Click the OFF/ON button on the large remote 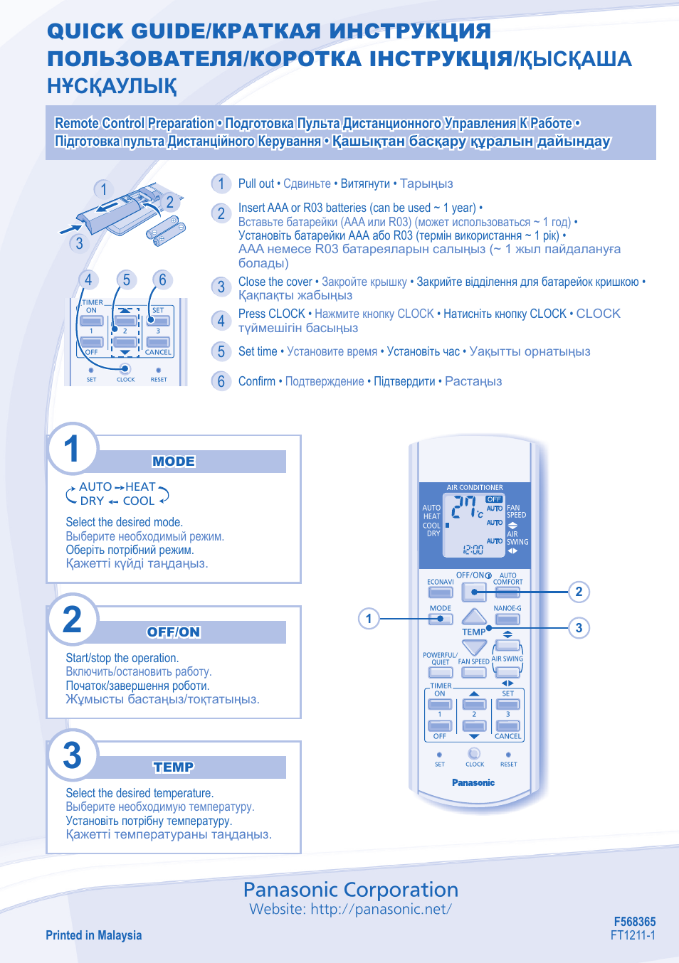click(x=474, y=591)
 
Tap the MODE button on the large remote click(x=441, y=619)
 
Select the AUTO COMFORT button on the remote click(x=507, y=592)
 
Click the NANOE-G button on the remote click(x=507, y=619)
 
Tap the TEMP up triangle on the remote click(x=474, y=616)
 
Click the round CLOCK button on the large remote click(x=474, y=753)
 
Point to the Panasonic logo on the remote click(x=473, y=782)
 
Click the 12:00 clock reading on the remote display click(x=473, y=549)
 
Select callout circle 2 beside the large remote click(x=579, y=591)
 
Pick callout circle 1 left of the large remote click(x=369, y=618)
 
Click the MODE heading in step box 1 click(x=174, y=462)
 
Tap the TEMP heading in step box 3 click(x=174, y=767)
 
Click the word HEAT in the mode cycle click(x=140, y=486)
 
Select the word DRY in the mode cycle click(x=92, y=501)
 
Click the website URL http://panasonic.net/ click(x=381, y=909)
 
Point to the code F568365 click(x=634, y=921)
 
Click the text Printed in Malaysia click(x=94, y=935)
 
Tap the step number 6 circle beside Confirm click(x=221, y=381)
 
